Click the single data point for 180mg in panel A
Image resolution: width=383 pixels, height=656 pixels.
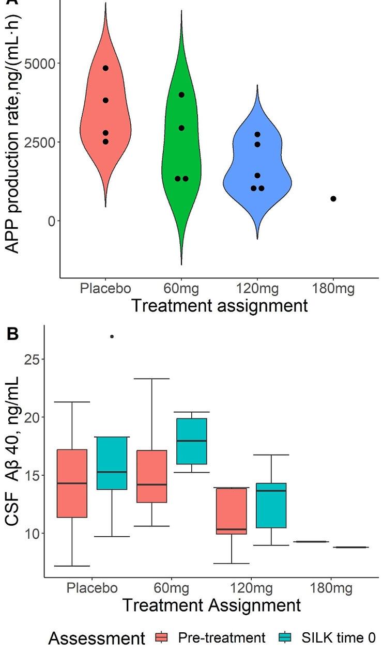(333, 199)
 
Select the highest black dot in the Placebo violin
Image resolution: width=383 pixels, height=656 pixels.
(105, 68)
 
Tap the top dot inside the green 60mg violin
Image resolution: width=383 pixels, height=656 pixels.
(181, 95)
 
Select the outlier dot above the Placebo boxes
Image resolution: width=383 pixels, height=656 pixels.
(112, 336)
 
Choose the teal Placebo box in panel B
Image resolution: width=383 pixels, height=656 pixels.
(112, 463)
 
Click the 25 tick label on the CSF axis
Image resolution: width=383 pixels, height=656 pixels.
(32, 359)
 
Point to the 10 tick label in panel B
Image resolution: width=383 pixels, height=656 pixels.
(32, 533)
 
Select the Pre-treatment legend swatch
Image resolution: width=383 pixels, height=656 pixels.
(161, 638)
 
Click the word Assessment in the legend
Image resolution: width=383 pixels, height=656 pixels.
(97, 639)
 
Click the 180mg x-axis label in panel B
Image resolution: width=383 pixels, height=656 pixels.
(331, 588)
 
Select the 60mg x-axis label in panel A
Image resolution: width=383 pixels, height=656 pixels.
(181, 288)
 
